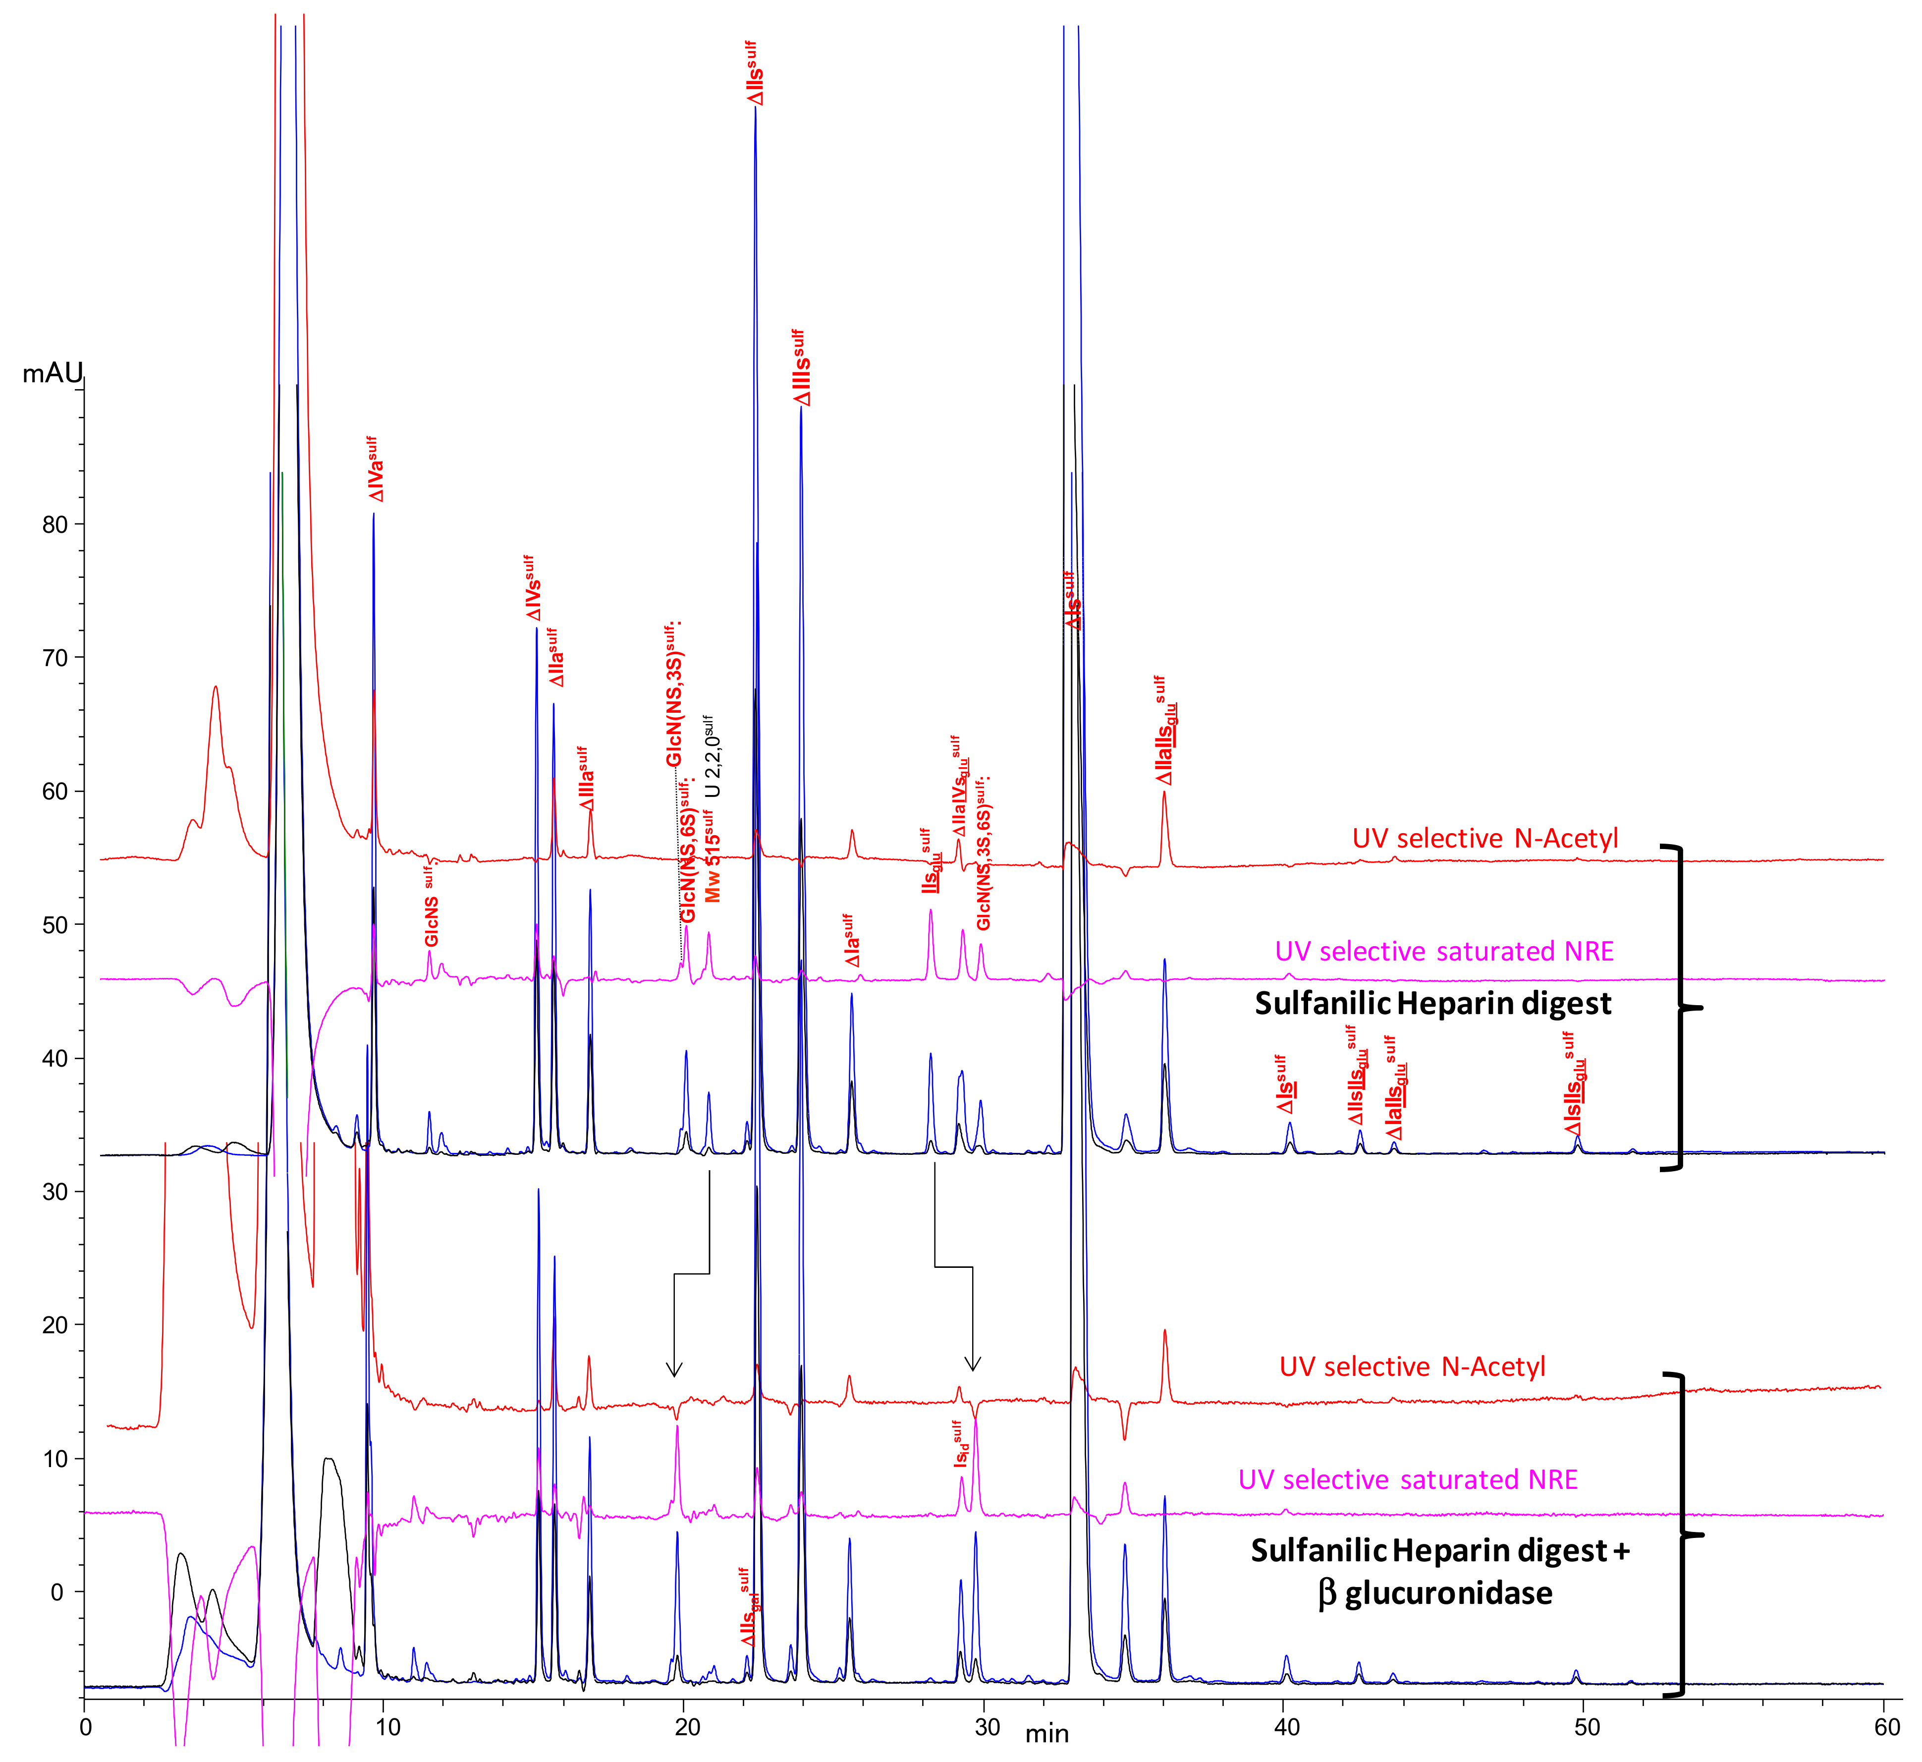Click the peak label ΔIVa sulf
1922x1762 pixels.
click(375, 469)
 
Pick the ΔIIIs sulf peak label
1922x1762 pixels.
click(801, 368)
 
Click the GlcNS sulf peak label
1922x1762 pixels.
click(431, 906)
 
